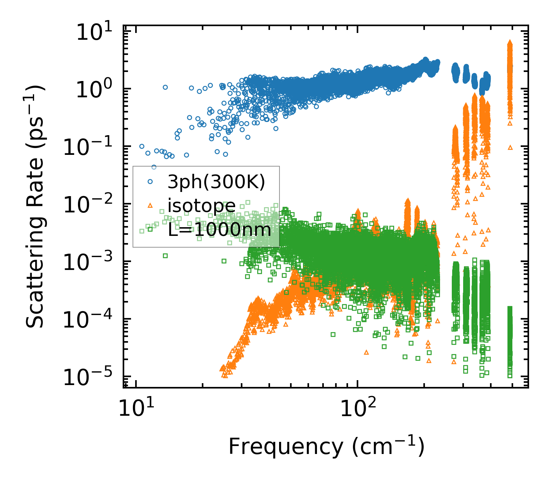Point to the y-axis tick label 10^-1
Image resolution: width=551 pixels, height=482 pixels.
tap(91, 148)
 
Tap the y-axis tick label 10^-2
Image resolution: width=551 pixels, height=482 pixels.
tap(91, 206)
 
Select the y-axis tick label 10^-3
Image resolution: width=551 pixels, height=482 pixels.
tap(91, 263)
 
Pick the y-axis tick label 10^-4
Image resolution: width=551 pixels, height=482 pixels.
tap(91, 321)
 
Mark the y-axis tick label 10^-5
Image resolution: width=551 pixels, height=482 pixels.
tap(91, 378)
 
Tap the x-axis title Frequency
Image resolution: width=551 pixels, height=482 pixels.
tap(326, 446)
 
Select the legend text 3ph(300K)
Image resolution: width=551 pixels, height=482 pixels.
tap(216, 183)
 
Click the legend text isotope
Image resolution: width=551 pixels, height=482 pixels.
tap(202, 206)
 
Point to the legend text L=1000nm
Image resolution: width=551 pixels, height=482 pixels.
tap(220, 229)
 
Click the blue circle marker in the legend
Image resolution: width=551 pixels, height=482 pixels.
tap(150, 182)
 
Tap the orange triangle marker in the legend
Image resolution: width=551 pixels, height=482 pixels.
tap(150, 205)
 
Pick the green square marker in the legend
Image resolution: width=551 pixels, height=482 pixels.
tap(150, 229)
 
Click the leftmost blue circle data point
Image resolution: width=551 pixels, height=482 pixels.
tap(142, 146)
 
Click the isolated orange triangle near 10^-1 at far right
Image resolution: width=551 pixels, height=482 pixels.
tap(510, 147)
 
